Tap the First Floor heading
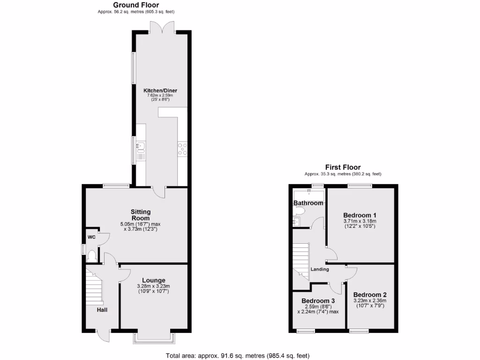coord(343,167)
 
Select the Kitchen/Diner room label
coord(160,90)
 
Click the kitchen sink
coord(140,150)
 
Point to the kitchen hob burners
coord(182,149)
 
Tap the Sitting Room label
coord(141,215)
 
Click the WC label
coord(92,237)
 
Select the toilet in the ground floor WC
coord(92,256)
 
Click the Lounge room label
coord(154,280)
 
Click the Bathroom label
coord(308,203)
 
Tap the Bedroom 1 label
coord(360,214)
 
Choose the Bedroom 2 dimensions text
coord(369,303)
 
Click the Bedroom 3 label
coord(318,300)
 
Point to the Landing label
coord(320,269)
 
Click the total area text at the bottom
coord(238,355)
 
